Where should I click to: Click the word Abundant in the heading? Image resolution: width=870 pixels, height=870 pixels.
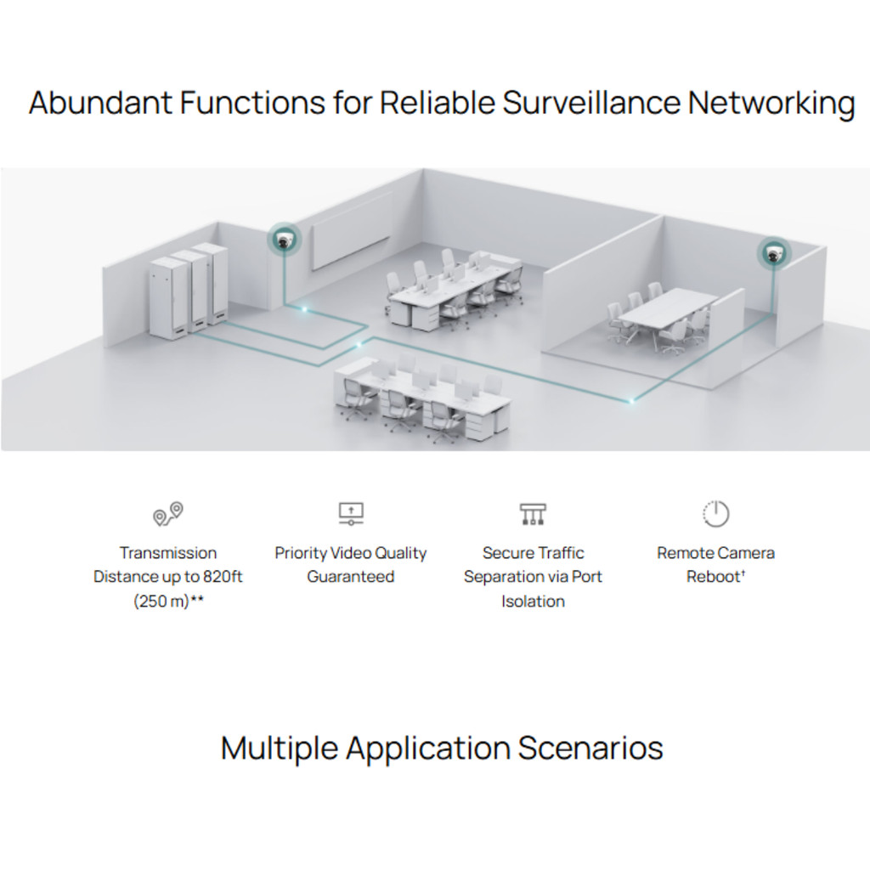(100, 103)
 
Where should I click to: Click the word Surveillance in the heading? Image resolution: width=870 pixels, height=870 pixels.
(591, 103)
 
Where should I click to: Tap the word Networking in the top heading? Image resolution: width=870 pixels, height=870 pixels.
(771, 104)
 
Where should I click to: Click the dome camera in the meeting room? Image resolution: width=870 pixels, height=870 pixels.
(773, 253)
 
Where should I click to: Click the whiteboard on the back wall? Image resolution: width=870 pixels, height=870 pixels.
(351, 229)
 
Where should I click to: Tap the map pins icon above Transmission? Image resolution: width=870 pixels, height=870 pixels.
(168, 514)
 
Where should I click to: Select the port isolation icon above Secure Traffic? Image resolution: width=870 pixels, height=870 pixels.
(534, 514)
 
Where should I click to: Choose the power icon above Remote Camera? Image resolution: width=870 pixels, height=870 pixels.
(715, 514)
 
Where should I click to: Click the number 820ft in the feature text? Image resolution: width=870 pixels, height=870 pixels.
(223, 577)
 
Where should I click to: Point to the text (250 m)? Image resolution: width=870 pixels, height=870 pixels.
(161, 602)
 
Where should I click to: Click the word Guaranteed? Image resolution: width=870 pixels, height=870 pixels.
(351, 577)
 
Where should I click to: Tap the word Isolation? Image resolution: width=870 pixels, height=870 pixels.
(534, 602)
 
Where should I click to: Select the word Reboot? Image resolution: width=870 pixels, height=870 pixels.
(713, 577)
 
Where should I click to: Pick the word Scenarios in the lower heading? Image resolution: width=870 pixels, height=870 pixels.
(590, 748)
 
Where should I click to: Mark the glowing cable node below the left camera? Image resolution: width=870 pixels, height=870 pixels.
(304, 309)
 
